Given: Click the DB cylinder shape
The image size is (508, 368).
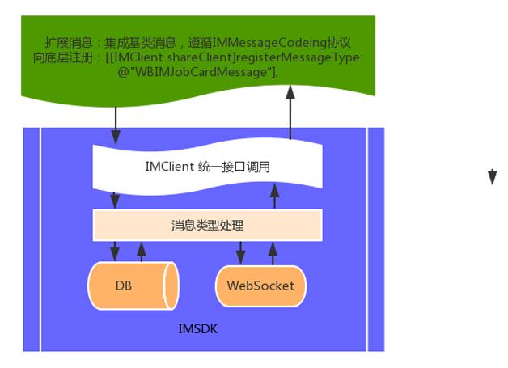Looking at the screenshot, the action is click(x=133, y=286).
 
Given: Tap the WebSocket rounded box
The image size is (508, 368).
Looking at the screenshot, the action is click(x=260, y=286).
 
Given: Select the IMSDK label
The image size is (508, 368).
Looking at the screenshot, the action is click(x=197, y=329).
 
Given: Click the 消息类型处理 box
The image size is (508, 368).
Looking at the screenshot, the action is click(x=207, y=225).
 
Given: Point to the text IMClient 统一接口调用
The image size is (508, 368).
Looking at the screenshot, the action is click(x=207, y=167).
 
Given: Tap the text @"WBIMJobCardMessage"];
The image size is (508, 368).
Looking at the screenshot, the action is click(x=197, y=72).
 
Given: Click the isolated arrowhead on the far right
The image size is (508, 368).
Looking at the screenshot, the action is click(x=492, y=177).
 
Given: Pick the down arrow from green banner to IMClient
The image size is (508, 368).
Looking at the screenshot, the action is click(x=116, y=125).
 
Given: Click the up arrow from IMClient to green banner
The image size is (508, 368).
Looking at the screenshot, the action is click(x=290, y=112).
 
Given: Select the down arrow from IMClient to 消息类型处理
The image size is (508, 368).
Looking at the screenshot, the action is click(x=115, y=201).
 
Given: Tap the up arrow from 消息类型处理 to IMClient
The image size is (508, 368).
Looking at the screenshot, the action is click(x=274, y=197).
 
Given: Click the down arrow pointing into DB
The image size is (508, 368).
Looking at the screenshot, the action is click(x=115, y=251).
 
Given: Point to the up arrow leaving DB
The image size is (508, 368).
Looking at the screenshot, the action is click(x=142, y=252).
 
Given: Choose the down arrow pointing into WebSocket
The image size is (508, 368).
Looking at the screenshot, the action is click(x=240, y=252).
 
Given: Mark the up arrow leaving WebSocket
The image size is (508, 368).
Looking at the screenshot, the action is click(x=273, y=253).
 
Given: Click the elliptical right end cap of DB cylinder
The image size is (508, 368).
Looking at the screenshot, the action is click(x=171, y=286).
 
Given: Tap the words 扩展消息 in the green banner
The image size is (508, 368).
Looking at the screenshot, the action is click(x=69, y=42).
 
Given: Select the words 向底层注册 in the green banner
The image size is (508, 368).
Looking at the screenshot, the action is click(x=63, y=57).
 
